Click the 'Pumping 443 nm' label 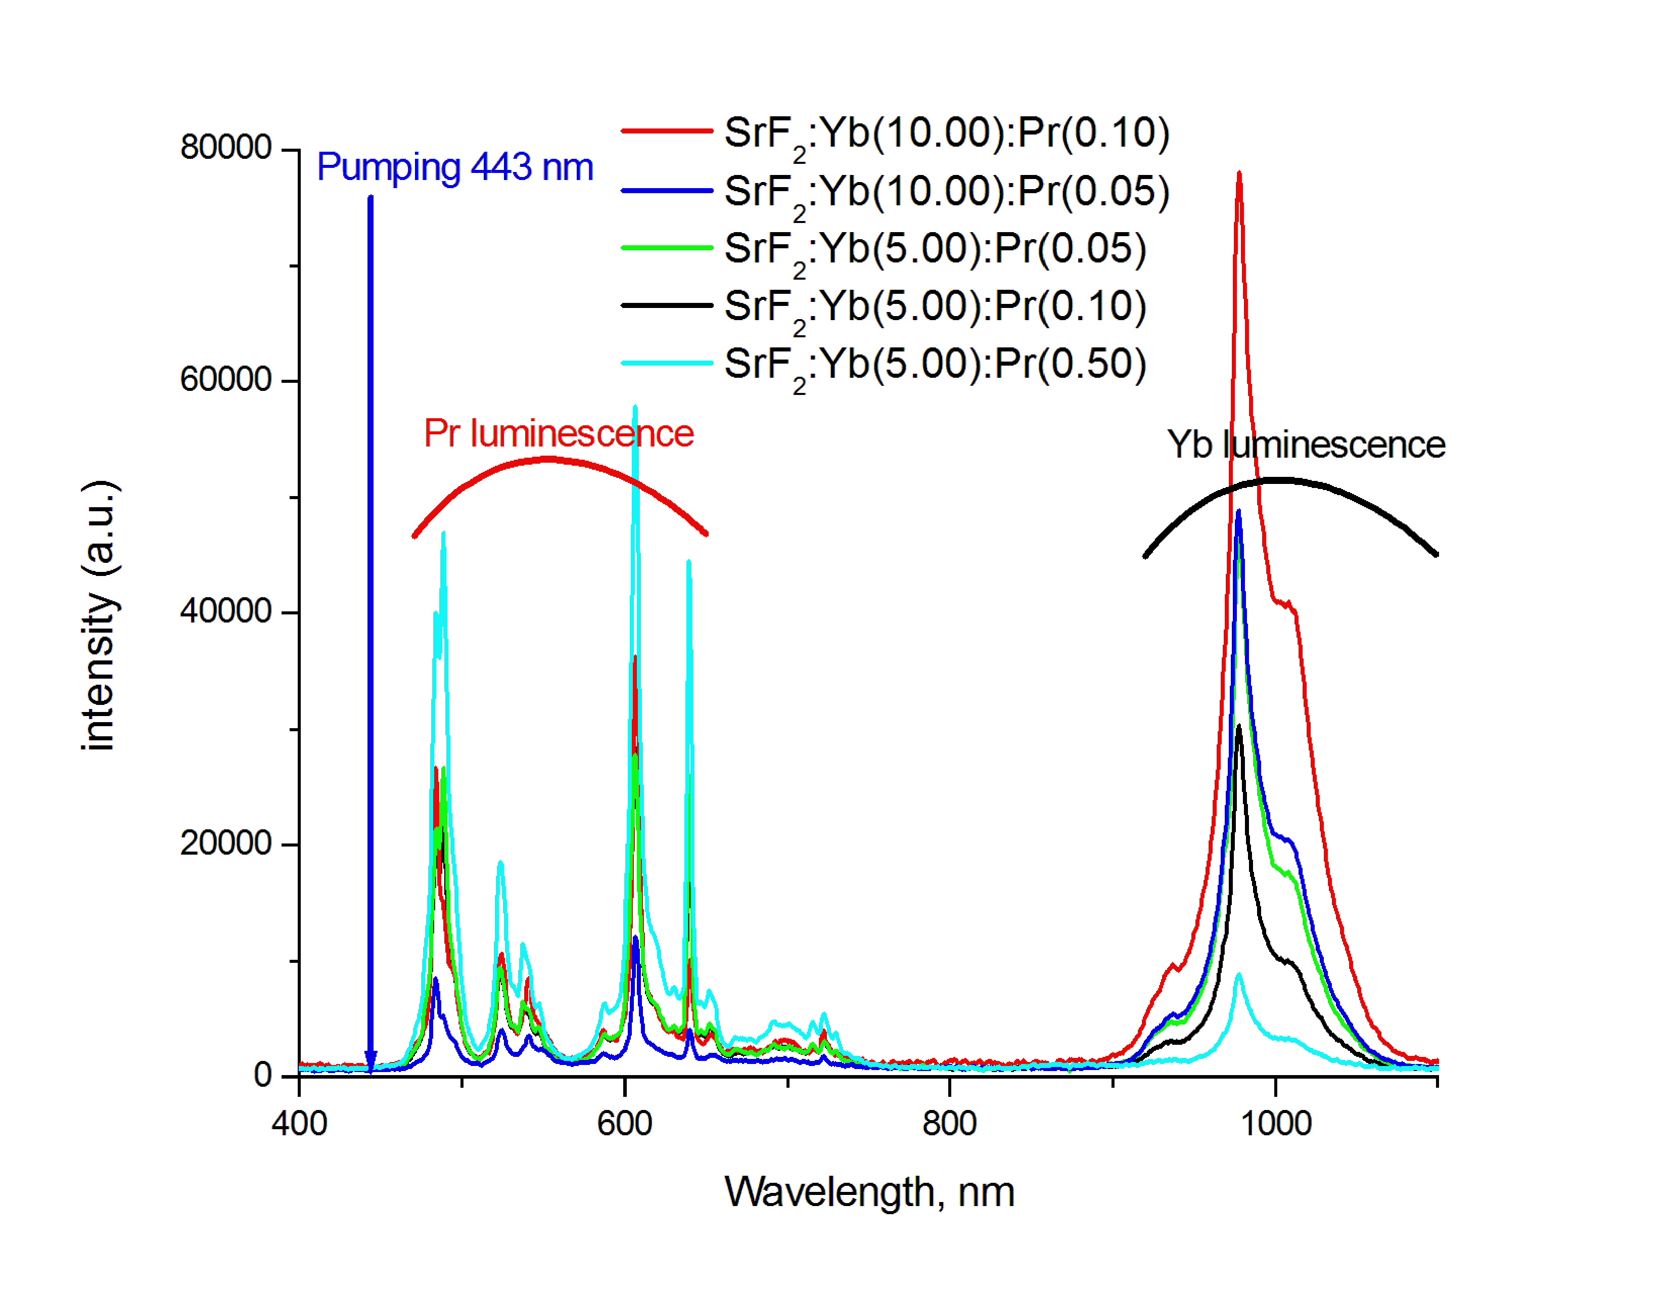tap(455, 167)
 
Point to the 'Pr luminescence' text tap(559, 434)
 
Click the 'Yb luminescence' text tap(1306, 446)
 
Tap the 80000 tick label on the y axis tap(225, 148)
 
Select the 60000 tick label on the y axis tap(225, 380)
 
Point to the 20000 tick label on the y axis tap(225, 843)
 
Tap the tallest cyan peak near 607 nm tap(635, 409)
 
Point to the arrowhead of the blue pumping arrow tap(370, 1063)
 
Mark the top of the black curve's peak tap(1239, 727)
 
